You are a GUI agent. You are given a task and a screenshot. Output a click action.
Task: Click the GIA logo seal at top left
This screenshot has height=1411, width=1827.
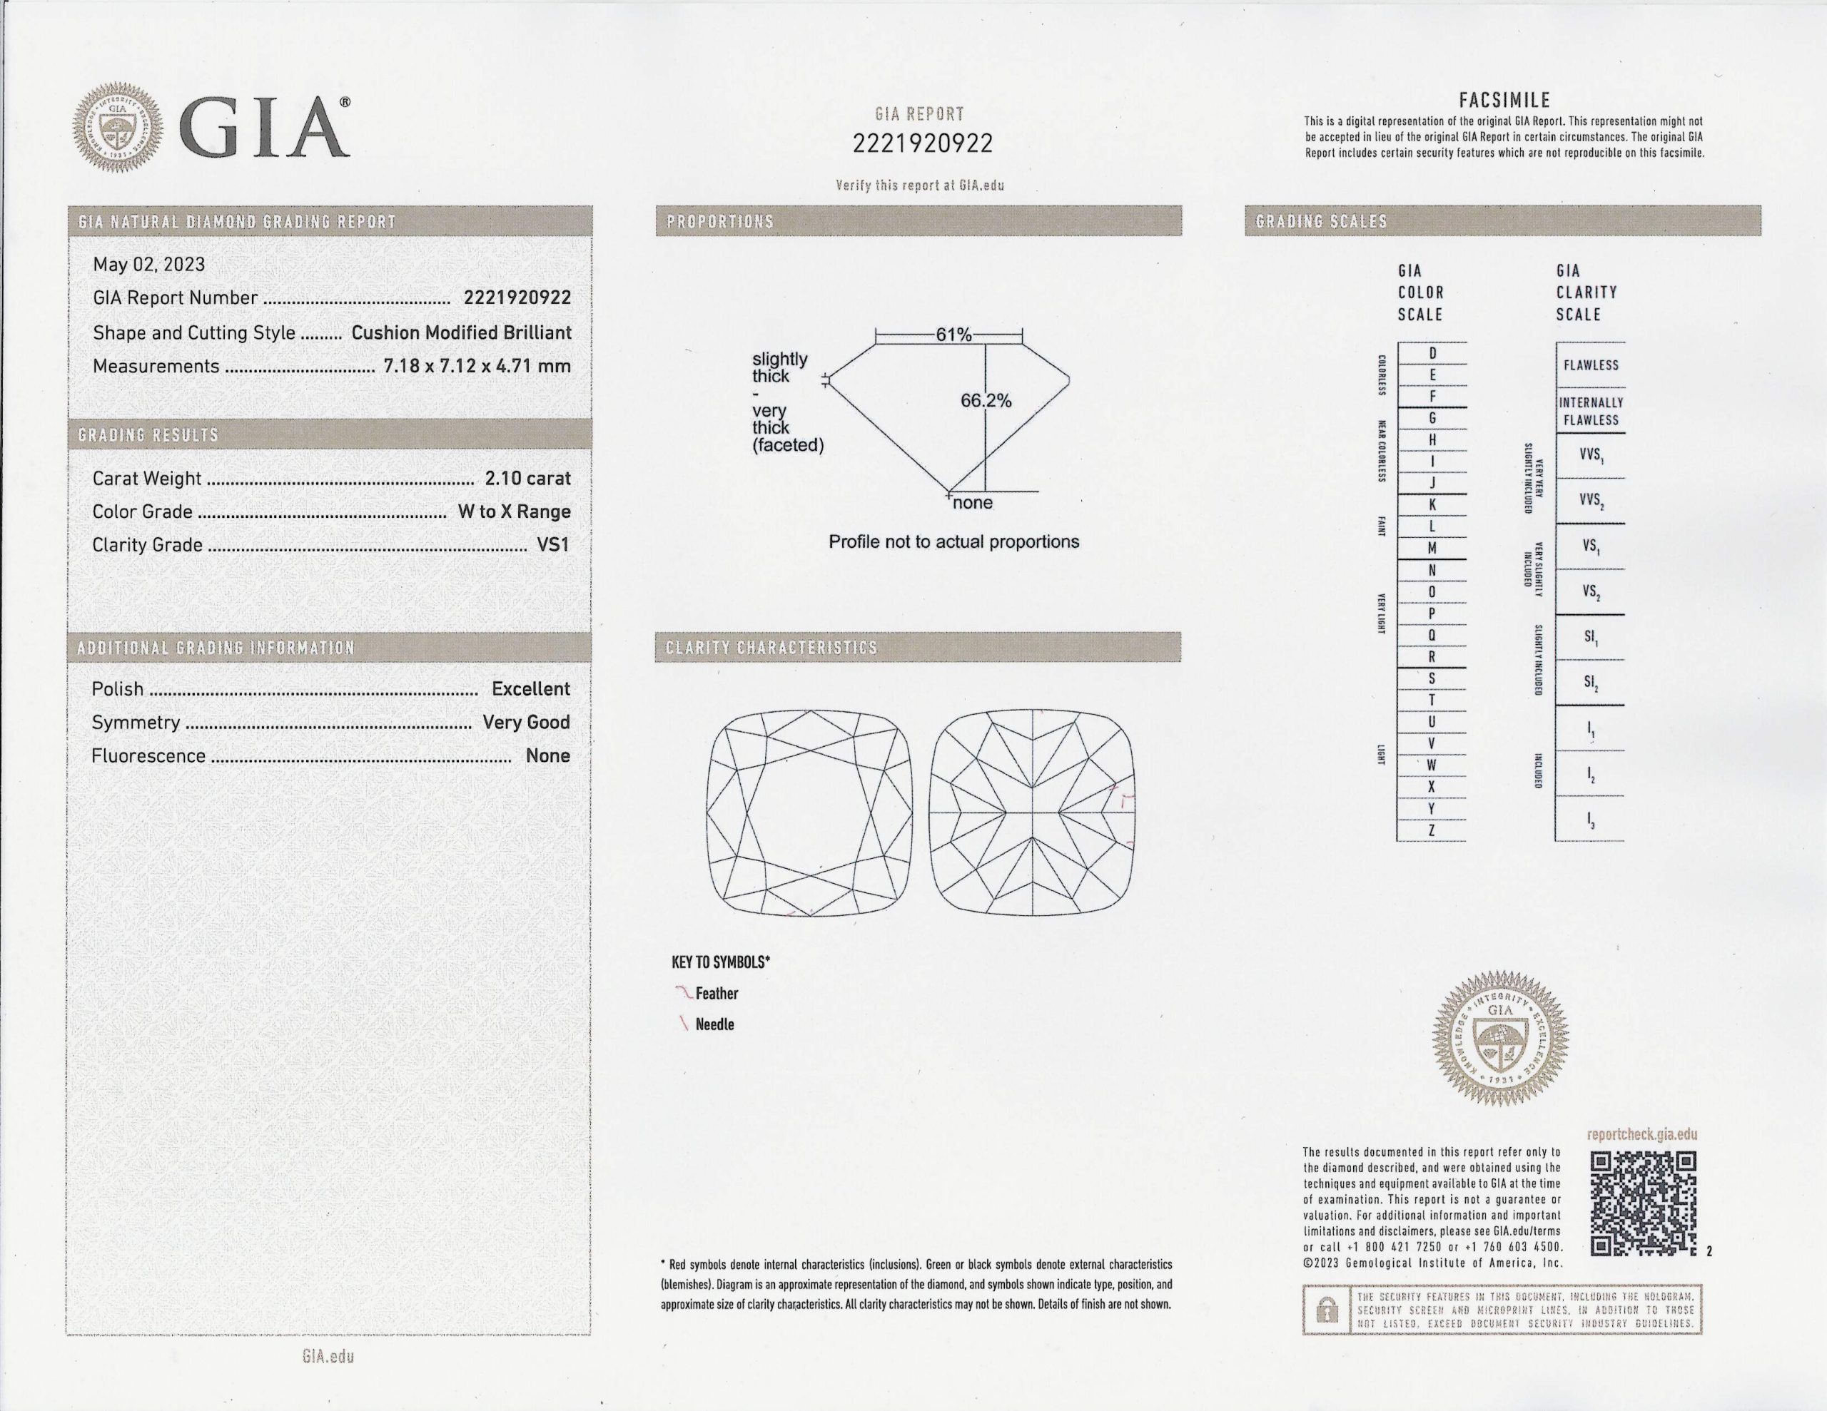click(117, 128)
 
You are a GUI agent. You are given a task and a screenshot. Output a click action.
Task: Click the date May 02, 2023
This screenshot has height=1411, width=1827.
click(149, 265)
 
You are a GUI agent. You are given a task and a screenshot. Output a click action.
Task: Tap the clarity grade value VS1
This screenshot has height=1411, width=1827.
click(553, 544)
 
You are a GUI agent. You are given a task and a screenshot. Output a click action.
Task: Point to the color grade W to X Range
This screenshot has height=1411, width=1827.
click(514, 512)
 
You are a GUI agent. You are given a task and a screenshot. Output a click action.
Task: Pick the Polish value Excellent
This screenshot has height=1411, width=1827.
click(530, 689)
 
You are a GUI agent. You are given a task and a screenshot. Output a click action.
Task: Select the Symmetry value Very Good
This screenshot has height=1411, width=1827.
click(525, 723)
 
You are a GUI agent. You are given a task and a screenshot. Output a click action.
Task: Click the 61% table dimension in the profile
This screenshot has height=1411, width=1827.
click(953, 335)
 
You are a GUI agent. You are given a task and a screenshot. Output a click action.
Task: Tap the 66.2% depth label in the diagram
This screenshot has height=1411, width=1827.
click(986, 401)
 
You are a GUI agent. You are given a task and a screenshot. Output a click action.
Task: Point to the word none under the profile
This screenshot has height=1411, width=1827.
click(972, 504)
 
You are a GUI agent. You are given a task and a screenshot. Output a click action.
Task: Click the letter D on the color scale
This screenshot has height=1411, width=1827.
click(1432, 354)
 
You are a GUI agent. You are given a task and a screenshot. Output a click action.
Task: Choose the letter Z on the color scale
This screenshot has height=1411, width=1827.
click(1432, 830)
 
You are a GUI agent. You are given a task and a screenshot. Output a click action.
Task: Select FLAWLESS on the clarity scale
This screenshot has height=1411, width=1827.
click(1590, 365)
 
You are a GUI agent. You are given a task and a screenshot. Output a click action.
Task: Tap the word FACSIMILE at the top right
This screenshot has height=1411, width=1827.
click(1504, 101)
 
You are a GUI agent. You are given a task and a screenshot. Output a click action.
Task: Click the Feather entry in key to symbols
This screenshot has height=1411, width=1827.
click(716, 994)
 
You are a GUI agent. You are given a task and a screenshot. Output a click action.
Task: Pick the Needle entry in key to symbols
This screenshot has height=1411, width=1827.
click(714, 1024)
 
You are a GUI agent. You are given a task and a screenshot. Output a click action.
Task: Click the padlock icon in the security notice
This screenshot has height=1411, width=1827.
click(1327, 1310)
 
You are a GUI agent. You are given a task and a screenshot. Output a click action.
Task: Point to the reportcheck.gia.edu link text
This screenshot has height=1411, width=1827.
click(1641, 1135)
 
